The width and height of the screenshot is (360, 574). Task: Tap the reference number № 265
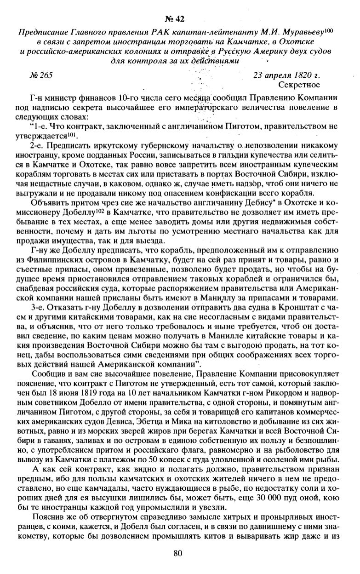[x=40, y=76]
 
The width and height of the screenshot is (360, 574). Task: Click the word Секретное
[x=299, y=85]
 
